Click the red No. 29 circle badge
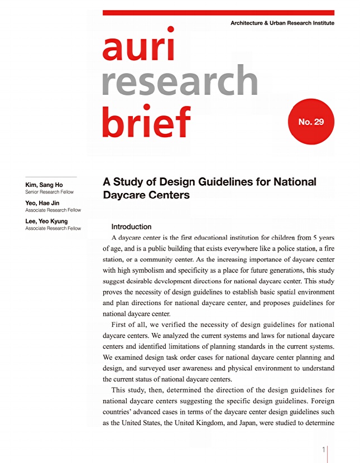coord(311,121)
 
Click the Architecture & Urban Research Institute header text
coord(282,23)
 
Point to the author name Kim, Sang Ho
coord(44,185)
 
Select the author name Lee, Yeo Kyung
coord(46,221)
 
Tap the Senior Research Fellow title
coord(49,192)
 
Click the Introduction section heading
coord(131,227)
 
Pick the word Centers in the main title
coord(169,195)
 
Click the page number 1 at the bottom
coord(324,450)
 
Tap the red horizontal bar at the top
coord(218,12)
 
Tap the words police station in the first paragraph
coord(287,248)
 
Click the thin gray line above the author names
coord(51,177)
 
